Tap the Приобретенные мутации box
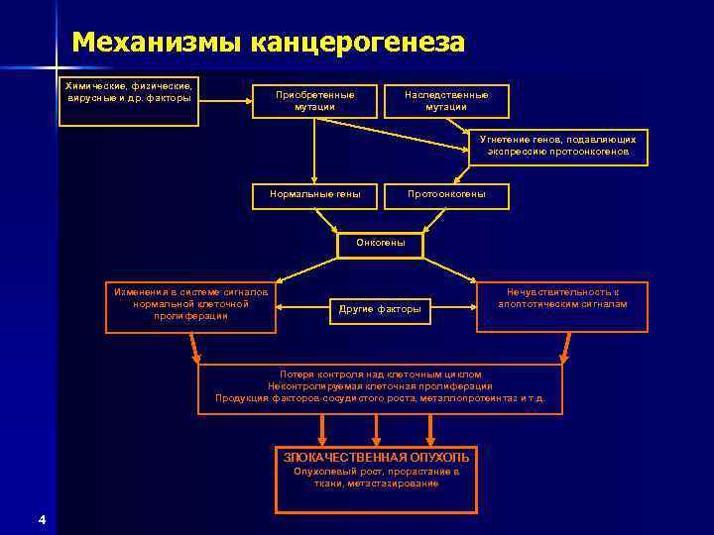point(314,101)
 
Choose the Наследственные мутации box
point(446,101)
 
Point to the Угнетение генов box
point(558,147)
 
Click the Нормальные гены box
point(314,194)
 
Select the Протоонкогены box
point(446,194)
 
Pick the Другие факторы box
point(380,309)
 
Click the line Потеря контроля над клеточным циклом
point(380,374)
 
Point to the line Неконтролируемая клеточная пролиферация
point(380,386)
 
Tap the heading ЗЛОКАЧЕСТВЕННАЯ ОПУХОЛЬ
point(377,458)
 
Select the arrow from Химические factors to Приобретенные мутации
point(224,101)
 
